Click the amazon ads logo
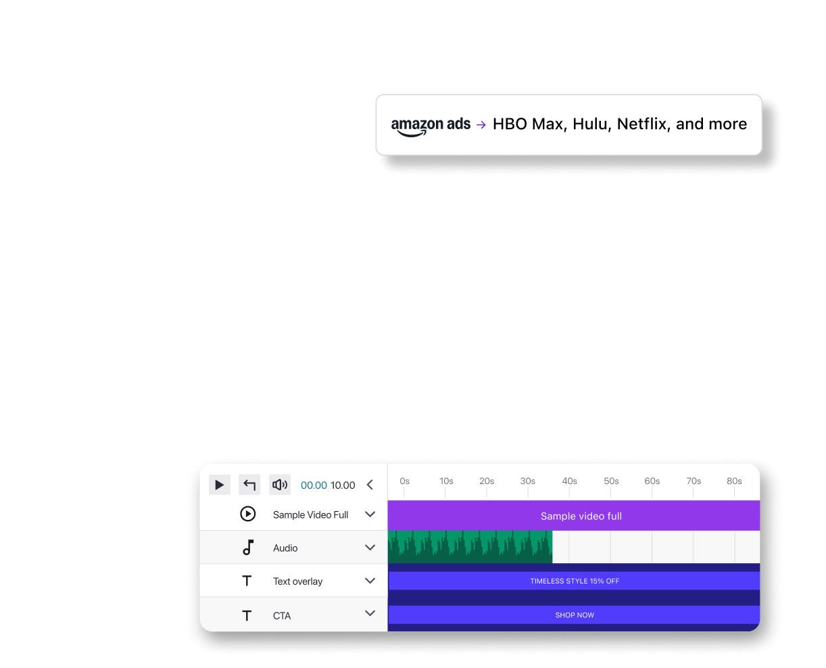[x=431, y=125]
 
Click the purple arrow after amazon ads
[x=481, y=124]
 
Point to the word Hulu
[x=590, y=124]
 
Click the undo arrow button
[x=249, y=485]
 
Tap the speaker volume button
[x=279, y=485]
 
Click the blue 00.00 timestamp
[x=314, y=485]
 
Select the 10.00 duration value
[x=343, y=485]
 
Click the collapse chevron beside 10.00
[x=370, y=485]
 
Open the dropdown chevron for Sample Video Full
[x=370, y=515]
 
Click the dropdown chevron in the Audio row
[x=370, y=548]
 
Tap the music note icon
[x=248, y=548]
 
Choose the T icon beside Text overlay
[x=247, y=581]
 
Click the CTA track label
[x=282, y=616]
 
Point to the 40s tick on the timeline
[x=569, y=481]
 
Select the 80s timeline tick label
[x=734, y=481]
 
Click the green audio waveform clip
[x=470, y=547]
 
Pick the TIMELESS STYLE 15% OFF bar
[x=574, y=581]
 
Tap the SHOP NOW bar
[x=574, y=615]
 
